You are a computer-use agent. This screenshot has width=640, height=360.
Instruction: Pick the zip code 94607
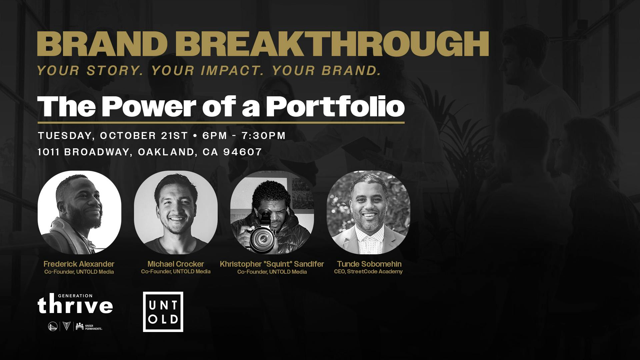[x=243, y=152]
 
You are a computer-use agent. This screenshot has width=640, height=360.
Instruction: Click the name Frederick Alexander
[x=79, y=264]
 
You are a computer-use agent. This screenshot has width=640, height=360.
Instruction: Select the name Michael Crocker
[x=176, y=264]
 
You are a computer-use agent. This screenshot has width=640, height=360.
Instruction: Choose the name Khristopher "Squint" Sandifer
[x=272, y=264]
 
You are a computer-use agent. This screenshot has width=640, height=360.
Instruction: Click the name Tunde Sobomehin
[x=369, y=264]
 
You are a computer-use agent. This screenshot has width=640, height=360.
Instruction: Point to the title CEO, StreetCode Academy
[x=368, y=272]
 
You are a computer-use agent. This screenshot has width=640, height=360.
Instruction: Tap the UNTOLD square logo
[x=163, y=312]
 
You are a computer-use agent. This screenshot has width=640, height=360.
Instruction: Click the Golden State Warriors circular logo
[x=53, y=326]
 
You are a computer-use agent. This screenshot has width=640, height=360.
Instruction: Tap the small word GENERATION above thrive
[x=75, y=296]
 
